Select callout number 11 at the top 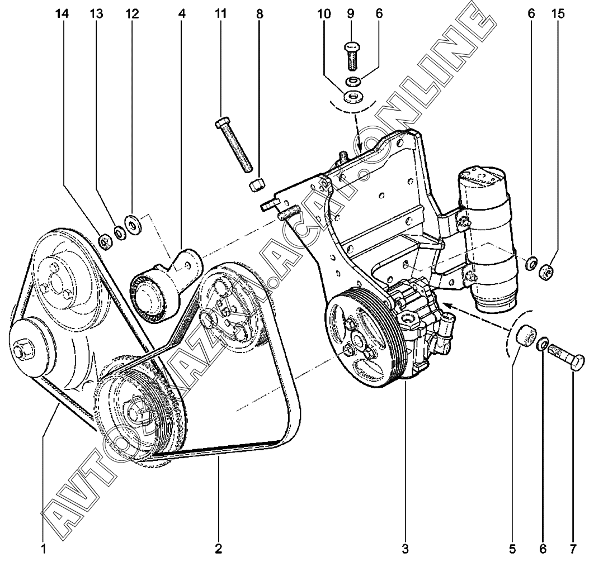point(221,15)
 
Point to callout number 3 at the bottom point(406,546)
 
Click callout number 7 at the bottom point(573,546)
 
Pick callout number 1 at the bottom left point(43,546)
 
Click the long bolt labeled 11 point(234,144)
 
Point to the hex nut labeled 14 point(104,241)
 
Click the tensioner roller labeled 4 point(150,293)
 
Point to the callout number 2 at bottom point(219,546)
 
